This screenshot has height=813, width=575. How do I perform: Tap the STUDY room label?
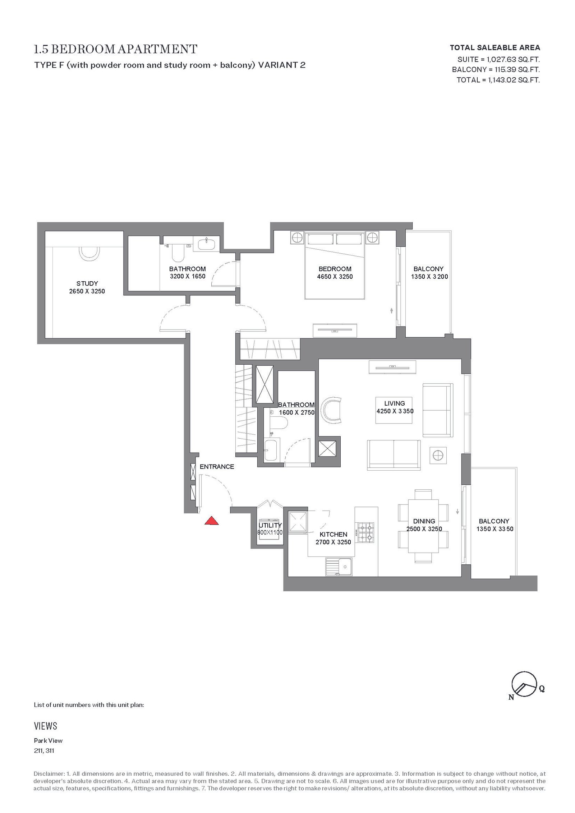pos(87,283)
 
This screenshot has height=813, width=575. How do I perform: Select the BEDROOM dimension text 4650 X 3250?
pos(335,277)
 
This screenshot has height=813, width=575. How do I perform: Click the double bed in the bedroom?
pos(335,266)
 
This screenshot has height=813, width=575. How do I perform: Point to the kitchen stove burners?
pos(365,533)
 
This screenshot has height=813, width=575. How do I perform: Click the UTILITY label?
pos(270,525)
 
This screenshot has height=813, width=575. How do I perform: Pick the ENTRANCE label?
pos(217,467)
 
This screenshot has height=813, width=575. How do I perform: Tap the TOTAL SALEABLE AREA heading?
pos(495,47)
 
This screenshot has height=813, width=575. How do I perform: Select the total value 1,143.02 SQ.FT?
pos(514,80)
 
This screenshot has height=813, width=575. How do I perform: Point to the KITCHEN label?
pos(333,535)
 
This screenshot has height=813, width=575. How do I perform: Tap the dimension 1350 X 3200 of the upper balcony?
pos(429,277)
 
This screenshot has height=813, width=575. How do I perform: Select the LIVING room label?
pos(394,403)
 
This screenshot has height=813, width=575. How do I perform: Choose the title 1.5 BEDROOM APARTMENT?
pos(116,49)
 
